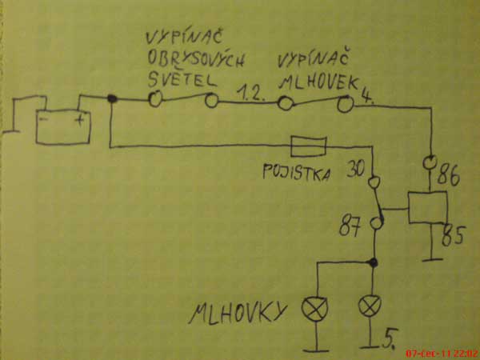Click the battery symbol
pyautogui.click(x=65, y=127)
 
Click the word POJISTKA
pyautogui.click(x=297, y=171)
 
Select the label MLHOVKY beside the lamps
pyautogui.click(x=236, y=313)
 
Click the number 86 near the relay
pyautogui.click(x=450, y=178)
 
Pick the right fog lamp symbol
pyautogui.click(x=370, y=304)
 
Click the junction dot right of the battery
pyautogui.click(x=112, y=99)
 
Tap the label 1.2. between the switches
pyautogui.click(x=251, y=95)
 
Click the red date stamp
pyautogui.click(x=441, y=352)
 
